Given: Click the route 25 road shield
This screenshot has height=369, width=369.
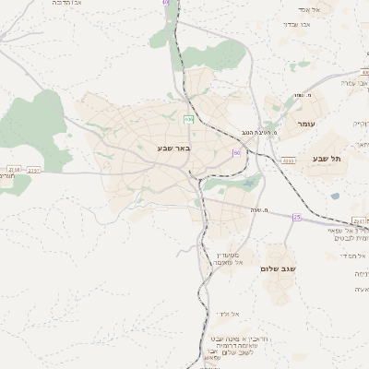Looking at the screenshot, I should [297, 217].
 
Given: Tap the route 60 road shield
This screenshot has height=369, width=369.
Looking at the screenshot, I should [236, 152].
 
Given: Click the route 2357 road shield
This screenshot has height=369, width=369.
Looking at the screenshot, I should [35, 170].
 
